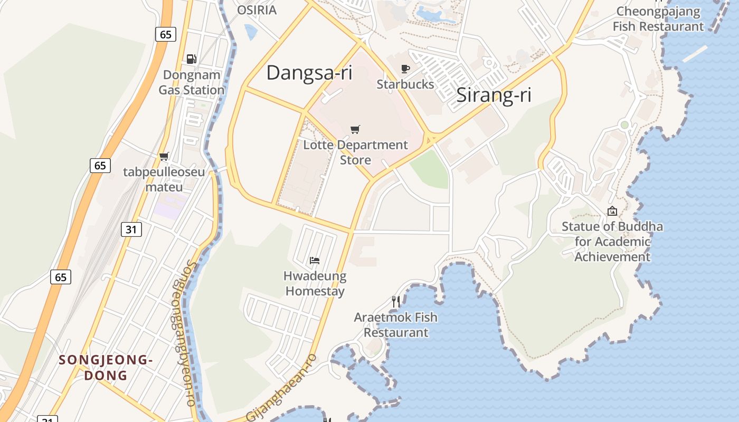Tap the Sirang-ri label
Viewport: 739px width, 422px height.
point(494,95)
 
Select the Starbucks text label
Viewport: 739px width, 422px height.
point(405,84)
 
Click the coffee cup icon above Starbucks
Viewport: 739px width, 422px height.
point(405,69)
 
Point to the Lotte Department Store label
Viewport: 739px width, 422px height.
point(355,152)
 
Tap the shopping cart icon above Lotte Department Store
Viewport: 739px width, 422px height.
point(355,129)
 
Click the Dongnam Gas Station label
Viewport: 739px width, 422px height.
point(192,83)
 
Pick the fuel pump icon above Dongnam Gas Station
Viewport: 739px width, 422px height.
point(192,59)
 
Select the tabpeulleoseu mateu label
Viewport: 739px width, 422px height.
point(164,179)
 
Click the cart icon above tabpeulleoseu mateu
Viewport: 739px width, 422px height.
point(164,156)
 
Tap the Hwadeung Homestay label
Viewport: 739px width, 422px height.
point(315,283)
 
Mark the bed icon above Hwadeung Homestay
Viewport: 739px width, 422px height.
point(315,260)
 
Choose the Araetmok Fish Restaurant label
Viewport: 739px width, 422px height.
point(396,325)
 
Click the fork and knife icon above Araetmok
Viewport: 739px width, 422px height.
point(396,301)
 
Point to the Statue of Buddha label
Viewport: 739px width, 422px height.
point(612,242)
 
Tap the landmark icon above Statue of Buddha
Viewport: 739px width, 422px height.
point(612,211)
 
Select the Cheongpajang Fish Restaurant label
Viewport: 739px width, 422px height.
point(658,19)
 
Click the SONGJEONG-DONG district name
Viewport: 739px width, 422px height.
point(106,368)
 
